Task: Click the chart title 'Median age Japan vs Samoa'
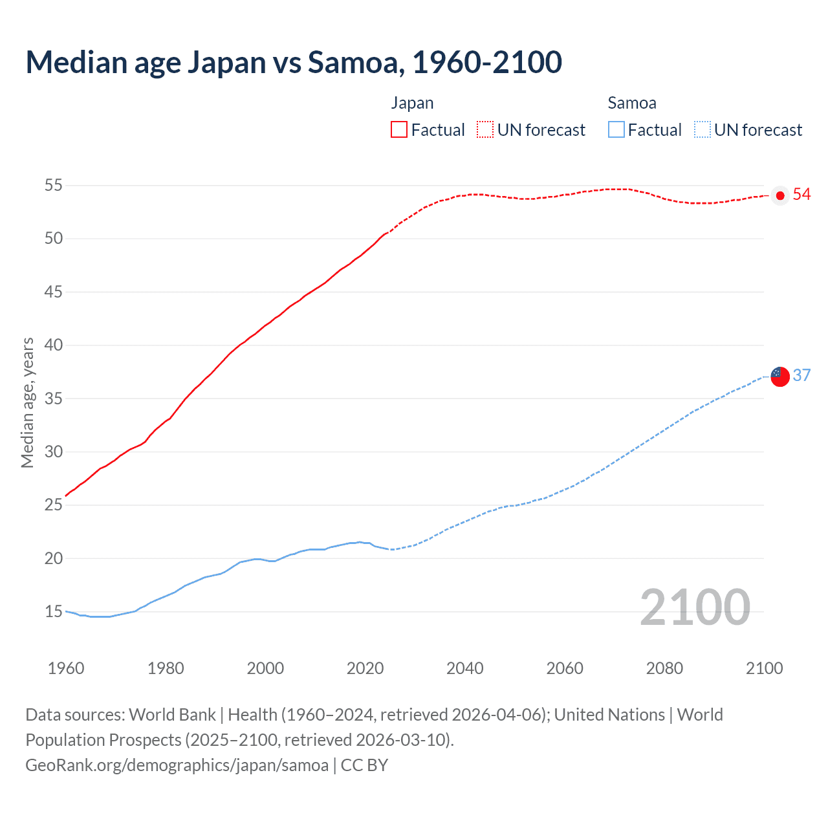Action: tap(294, 62)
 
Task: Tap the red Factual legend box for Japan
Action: tap(399, 129)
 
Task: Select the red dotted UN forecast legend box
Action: tap(485, 129)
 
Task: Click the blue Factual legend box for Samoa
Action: tap(616, 129)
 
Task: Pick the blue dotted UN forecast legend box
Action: tap(702, 129)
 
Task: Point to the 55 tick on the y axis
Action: tap(53, 186)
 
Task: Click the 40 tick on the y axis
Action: tap(53, 345)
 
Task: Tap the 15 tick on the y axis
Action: tap(53, 612)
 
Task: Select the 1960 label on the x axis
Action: tap(66, 668)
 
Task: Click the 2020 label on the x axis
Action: tap(365, 668)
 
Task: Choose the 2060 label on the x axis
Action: tap(565, 668)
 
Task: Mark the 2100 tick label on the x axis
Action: tap(764, 668)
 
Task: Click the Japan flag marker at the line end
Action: tap(780, 195)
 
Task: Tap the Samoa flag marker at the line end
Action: tap(780, 376)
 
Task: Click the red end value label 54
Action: tap(801, 195)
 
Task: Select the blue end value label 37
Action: tap(801, 375)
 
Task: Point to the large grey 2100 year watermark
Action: tap(695, 607)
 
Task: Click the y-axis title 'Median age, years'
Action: tap(27, 402)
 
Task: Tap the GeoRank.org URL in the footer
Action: tap(177, 765)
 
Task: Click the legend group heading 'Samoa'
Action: tap(632, 103)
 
